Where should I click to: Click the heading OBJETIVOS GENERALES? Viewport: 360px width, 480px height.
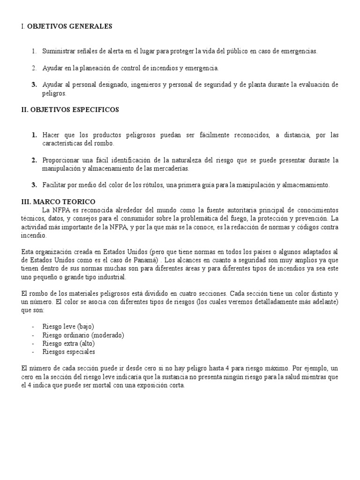coord(70,27)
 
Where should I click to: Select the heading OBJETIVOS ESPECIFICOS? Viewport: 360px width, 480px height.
coord(75,110)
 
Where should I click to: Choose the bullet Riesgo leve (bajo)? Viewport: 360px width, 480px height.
coord(69,326)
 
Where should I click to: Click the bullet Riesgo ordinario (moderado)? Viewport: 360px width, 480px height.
coord(83,335)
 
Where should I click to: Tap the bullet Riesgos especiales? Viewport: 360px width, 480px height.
coord(69,352)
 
